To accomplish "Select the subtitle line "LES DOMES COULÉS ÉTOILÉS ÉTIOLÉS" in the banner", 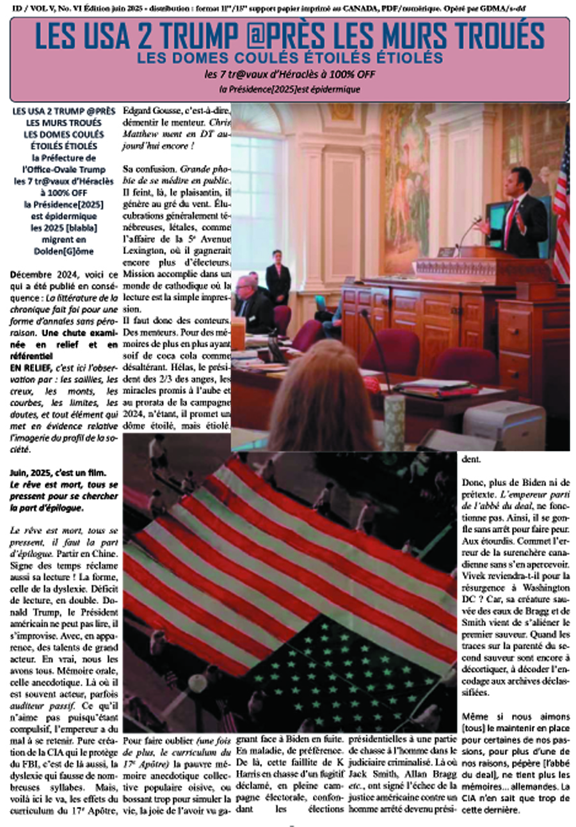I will (289, 58).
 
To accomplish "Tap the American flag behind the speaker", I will (561, 205).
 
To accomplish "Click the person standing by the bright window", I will (278, 275).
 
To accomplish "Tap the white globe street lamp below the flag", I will (195, 684).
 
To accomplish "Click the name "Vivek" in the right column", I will (474, 575).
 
